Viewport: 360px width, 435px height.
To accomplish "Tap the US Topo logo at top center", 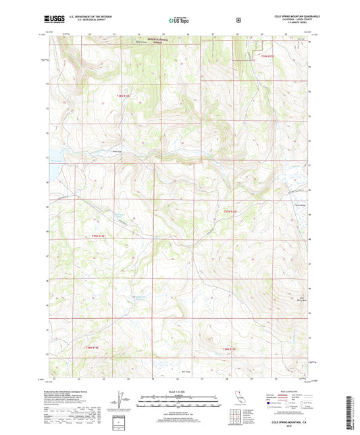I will point(179,20).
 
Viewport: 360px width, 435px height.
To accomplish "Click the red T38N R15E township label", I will point(268,57).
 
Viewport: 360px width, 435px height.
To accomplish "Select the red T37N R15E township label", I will point(230,212).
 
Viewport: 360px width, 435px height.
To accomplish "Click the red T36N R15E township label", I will point(230,349).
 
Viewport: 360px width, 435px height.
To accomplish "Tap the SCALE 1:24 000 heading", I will point(179,394).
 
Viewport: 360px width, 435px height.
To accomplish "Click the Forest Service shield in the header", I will point(238,20).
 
